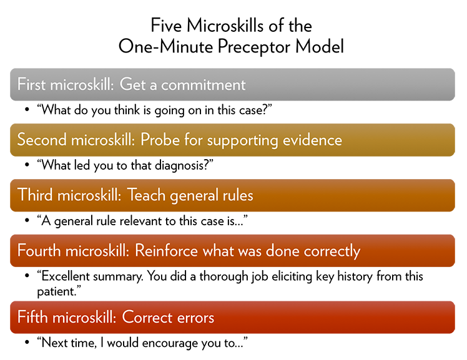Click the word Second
tap(39, 140)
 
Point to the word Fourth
tap(38, 251)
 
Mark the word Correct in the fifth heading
tap(145, 318)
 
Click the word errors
tap(194, 318)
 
